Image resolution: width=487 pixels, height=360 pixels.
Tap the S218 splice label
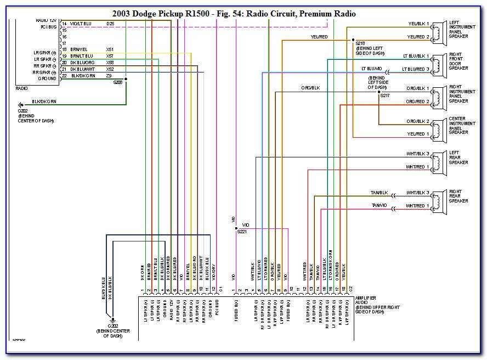click(x=360, y=43)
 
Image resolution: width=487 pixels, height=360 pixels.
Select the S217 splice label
click(x=385, y=96)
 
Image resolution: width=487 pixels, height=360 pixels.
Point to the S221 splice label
click(x=241, y=232)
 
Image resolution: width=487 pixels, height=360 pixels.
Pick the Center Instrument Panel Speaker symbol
click(x=438, y=127)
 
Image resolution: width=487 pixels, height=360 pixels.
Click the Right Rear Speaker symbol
click(x=438, y=199)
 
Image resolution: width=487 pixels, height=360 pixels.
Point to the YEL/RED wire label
click(x=319, y=37)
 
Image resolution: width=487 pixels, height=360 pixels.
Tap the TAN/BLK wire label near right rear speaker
click(x=380, y=193)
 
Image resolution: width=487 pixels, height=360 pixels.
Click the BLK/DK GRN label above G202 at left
click(x=43, y=102)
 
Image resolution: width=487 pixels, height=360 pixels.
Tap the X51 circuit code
click(x=110, y=49)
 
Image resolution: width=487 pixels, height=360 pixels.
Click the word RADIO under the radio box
click(x=22, y=88)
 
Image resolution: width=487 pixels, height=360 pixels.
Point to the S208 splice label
click(x=118, y=82)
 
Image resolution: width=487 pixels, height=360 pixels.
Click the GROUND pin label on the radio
click(x=47, y=78)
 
